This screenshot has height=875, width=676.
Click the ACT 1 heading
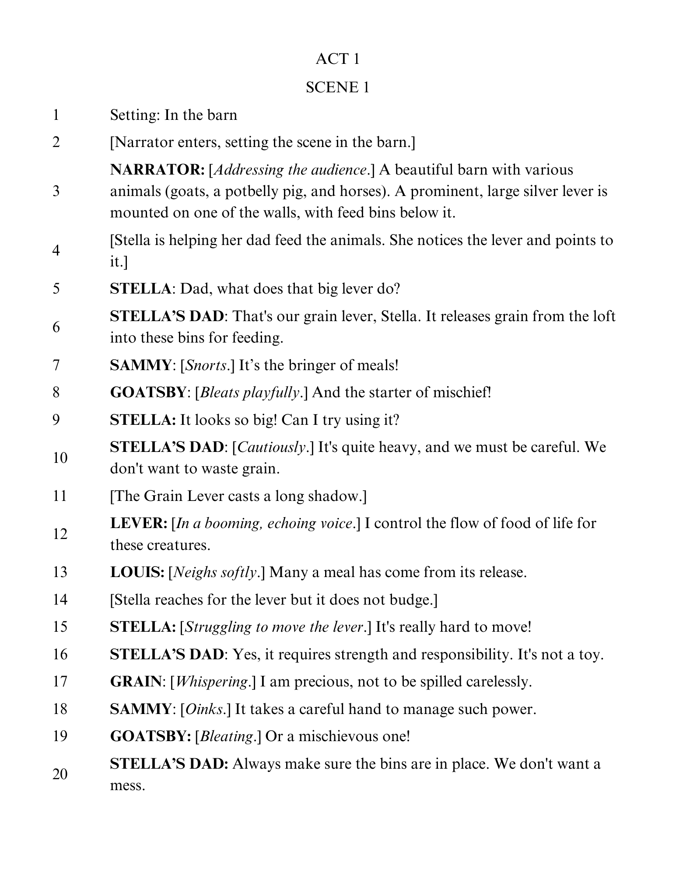click(x=337, y=59)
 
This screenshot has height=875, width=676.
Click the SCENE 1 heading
click(x=337, y=87)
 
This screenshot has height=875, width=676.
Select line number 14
click(x=60, y=599)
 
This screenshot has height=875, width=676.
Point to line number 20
click(x=60, y=775)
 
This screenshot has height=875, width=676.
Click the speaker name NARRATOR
click(x=157, y=170)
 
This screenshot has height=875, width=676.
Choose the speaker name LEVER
click(x=138, y=523)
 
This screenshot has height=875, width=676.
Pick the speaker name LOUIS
click(x=137, y=572)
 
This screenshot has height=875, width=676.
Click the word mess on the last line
click(x=126, y=786)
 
